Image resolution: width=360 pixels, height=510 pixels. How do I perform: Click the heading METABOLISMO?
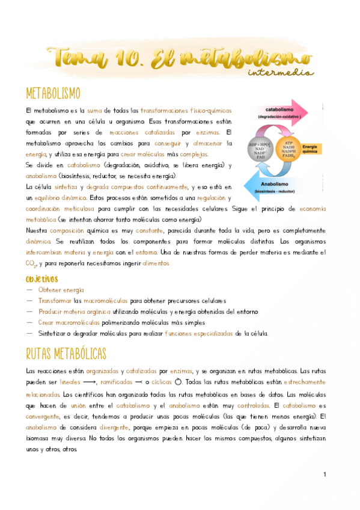pos(53,94)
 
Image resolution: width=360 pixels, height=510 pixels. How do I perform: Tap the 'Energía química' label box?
pos(313,149)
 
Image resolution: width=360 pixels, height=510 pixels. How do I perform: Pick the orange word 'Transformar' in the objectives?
pos(55,301)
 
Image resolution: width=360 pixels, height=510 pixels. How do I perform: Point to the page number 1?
pos(325,475)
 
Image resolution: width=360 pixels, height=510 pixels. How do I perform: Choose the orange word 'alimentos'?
pos(156,263)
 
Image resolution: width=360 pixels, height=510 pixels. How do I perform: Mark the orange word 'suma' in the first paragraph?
pos(95,111)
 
